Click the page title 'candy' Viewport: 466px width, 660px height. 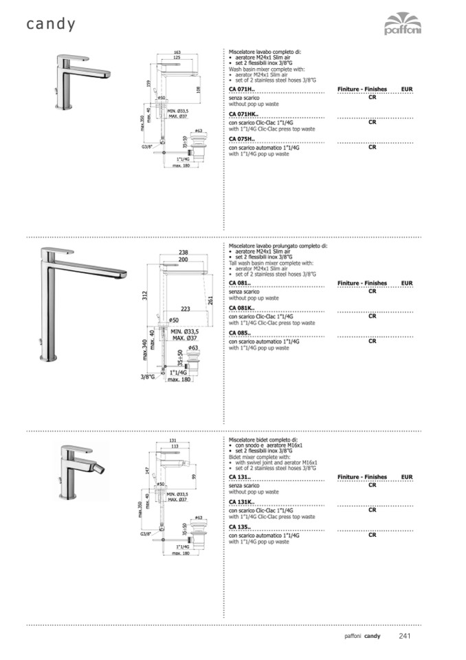tap(51, 24)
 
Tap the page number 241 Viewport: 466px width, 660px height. tap(405, 635)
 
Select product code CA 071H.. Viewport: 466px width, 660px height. tap(241, 89)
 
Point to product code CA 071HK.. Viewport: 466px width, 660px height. tap(243, 114)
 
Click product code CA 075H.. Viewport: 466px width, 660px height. tap(241, 139)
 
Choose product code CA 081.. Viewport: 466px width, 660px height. tap(240, 284)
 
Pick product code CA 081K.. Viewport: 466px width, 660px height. tap(242, 308)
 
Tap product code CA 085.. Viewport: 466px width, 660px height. tap(240, 333)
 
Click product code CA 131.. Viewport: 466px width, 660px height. tap(240, 477)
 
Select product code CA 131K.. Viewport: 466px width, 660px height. tap(242, 502)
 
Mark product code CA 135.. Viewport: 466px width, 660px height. tap(240, 527)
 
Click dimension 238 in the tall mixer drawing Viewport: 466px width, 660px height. tap(184, 253)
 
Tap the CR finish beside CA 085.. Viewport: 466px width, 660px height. tap(372, 341)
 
